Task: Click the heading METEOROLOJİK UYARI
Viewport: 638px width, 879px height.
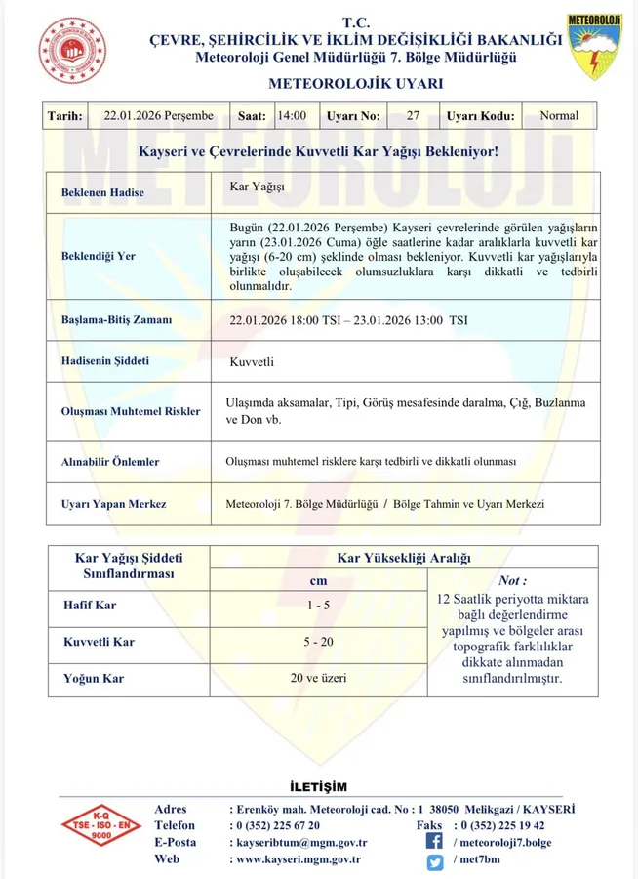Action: [x=354, y=83]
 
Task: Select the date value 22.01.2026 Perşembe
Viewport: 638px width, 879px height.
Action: [x=158, y=116]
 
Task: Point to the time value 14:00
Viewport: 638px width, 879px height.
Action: [x=292, y=116]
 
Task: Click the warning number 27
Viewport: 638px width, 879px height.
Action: [x=413, y=116]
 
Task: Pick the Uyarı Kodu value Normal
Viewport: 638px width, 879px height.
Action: [x=559, y=116]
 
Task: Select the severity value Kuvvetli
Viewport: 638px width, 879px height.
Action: [x=252, y=362]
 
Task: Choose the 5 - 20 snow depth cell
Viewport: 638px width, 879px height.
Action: [x=318, y=642]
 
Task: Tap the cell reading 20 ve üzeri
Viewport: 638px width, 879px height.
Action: [x=318, y=678]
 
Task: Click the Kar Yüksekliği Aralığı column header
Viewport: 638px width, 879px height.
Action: [x=403, y=558]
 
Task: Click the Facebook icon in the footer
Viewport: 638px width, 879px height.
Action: [x=435, y=841]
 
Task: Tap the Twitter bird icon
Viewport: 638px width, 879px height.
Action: [x=435, y=860]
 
